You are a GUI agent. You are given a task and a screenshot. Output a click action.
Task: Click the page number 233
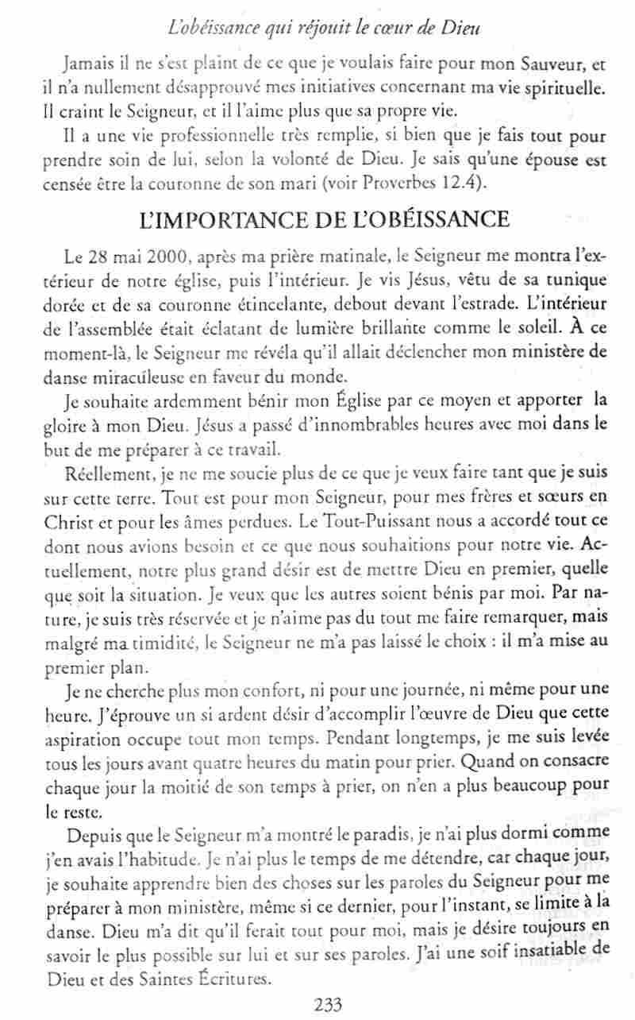point(327,1005)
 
